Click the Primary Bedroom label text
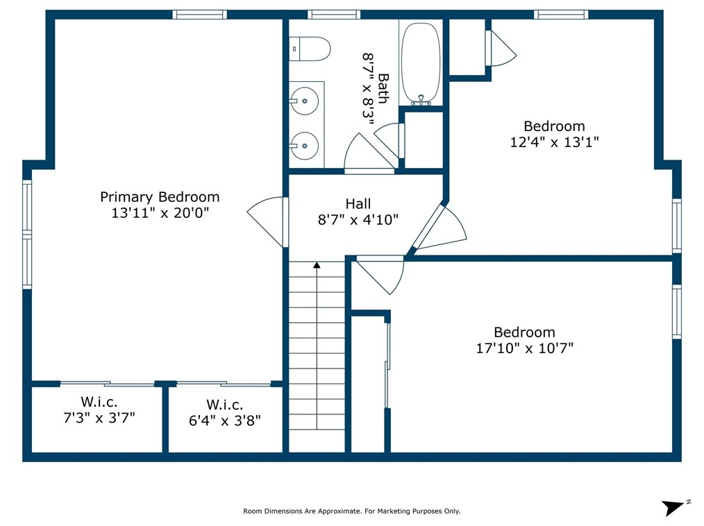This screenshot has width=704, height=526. [160, 197]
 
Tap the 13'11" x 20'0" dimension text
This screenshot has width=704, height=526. [160, 213]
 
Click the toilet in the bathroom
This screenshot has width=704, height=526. [310, 49]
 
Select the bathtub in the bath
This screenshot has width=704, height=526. [421, 64]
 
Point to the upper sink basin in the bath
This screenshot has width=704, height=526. [304, 101]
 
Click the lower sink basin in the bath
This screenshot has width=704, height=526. [304, 146]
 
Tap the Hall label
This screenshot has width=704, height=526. [358, 204]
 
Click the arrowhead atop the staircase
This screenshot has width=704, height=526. [317, 265]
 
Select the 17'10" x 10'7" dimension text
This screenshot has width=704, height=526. [525, 348]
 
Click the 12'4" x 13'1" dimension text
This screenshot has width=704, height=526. [555, 142]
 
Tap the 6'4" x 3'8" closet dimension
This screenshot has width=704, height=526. [225, 421]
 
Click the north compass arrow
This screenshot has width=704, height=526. [675, 507]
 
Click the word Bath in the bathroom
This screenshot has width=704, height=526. [383, 88]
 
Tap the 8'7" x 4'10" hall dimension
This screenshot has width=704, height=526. [358, 220]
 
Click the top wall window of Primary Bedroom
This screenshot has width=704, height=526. [200, 15]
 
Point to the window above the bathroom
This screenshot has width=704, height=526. [334, 15]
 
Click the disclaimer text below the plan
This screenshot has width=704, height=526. [351, 511]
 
